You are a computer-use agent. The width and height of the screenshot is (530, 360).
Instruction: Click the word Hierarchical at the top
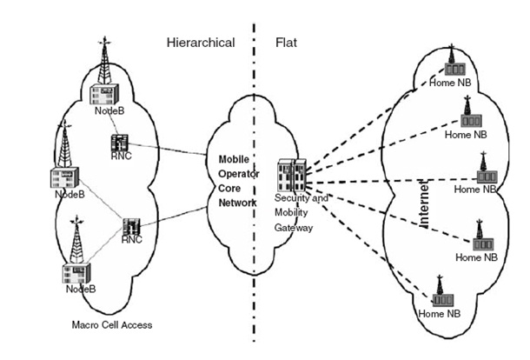tap(201, 42)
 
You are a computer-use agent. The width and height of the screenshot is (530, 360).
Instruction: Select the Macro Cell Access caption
tap(112, 325)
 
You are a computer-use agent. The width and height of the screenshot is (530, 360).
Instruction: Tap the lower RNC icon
tap(132, 228)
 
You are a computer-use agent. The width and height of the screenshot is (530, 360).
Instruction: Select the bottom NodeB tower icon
tap(76, 252)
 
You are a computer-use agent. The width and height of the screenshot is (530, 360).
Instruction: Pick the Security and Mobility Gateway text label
tap(301, 212)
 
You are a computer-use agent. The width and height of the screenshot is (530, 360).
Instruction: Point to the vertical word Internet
tap(425, 202)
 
